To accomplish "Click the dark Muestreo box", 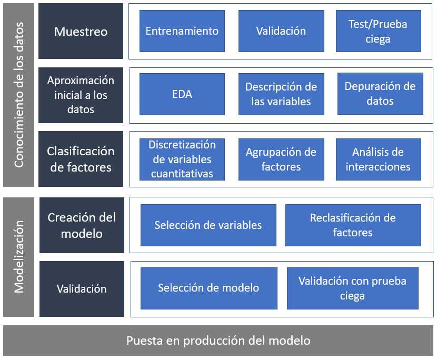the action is pyautogui.click(x=81, y=31).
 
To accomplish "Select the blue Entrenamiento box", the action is pyautogui.click(x=182, y=31).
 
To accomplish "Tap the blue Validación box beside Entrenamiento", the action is pyautogui.click(x=281, y=31).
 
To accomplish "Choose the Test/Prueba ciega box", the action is pyautogui.click(x=379, y=31).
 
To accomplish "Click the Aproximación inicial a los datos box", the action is pyautogui.click(x=81, y=95).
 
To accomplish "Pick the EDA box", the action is pyautogui.click(x=182, y=94).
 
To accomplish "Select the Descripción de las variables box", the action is pyautogui.click(x=281, y=94).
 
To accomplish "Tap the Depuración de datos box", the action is pyautogui.click(x=380, y=94).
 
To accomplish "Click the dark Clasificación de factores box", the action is pyautogui.click(x=81, y=159).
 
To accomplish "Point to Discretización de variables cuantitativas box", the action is pyautogui.click(x=182, y=159).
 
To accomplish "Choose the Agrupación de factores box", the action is pyautogui.click(x=281, y=159).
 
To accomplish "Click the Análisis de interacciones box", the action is pyautogui.click(x=379, y=159).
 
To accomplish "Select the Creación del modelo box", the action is pyautogui.click(x=82, y=225).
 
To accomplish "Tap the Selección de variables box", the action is pyautogui.click(x=208, y=225).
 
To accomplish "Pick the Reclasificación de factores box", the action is pyautogui.click(x=353, y=225).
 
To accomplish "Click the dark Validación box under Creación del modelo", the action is pyautogui.click(x=82, y=288).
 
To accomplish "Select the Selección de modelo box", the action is pyautogui.click(x=209, y=288).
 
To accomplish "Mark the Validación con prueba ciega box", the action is pyautogui.click(x=353, y=288).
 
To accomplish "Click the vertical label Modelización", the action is pyautogui.click(x=19, y=257).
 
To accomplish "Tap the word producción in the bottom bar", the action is pyautogui.click(x=214, y=341).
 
